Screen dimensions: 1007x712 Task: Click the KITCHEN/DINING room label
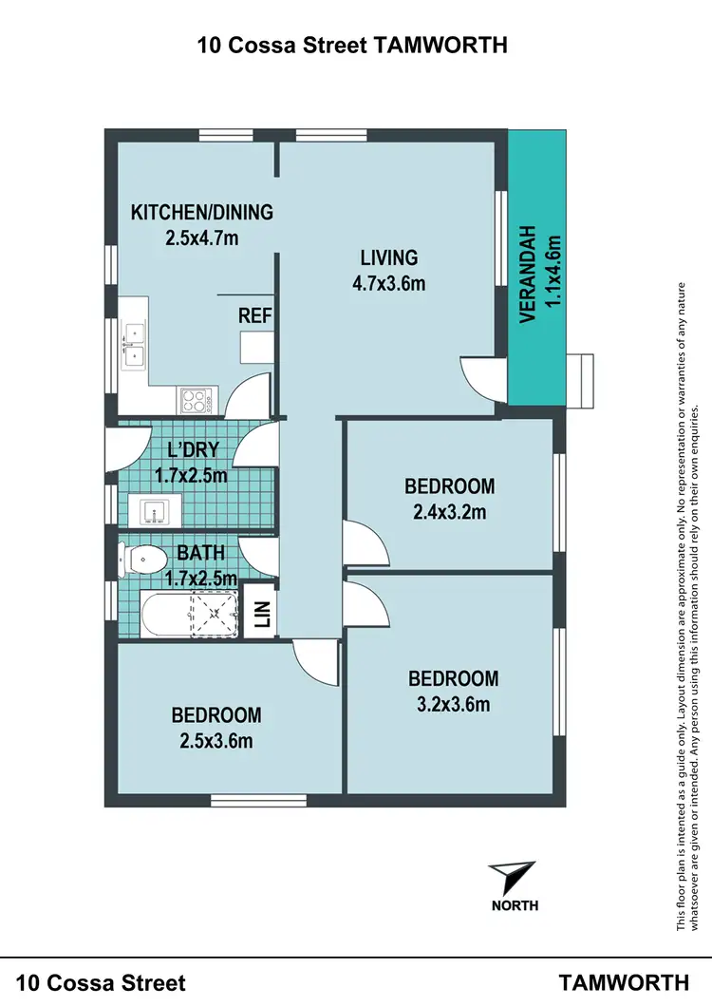pos(201,212)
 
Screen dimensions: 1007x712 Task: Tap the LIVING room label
pos(388,257)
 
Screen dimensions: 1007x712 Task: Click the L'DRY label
pos(193,451)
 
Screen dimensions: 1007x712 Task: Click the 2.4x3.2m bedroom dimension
pos(449,513)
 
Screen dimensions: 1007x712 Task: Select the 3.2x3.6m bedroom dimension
pos(453,704)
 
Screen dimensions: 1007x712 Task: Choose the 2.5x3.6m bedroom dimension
pos(215,741)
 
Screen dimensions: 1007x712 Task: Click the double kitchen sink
pos(133,344)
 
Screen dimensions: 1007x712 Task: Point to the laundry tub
pos(154,512)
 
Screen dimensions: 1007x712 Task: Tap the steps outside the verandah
pos(579,379)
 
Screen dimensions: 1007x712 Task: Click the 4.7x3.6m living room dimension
pos(388,282)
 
